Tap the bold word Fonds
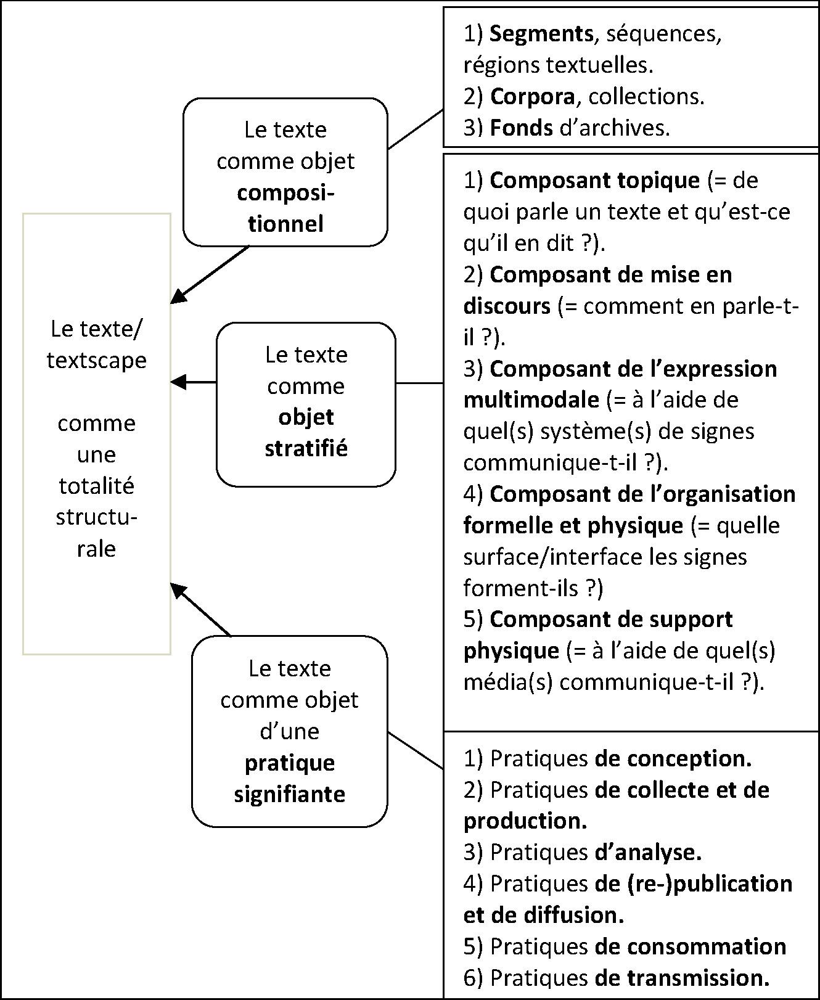coord(521,128)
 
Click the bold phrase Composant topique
coord(595,181)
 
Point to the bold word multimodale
coord(531,400)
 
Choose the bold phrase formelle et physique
coord(573,526)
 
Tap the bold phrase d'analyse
coord(649,852)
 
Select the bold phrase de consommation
coord(691,946)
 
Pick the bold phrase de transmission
coord(683,978)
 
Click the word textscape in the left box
coord(97,360)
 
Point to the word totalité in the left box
coord(97,486)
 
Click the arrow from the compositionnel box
coord(210,275)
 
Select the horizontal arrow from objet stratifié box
coord(194,382)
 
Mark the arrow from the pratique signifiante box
coord(200,609)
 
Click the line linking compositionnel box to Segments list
coord(416,129)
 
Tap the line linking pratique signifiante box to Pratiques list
coord(416,750)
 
